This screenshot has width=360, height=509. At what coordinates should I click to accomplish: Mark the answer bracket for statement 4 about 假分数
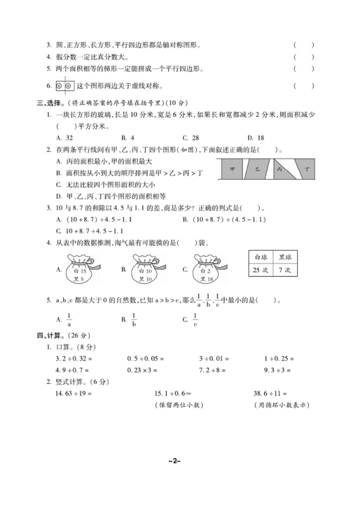coord(303,57)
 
